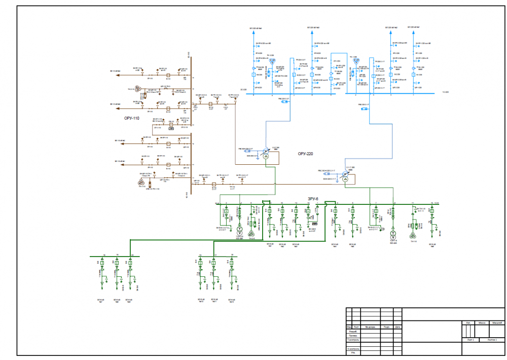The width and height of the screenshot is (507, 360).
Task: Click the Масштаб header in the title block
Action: (x=497, y=322)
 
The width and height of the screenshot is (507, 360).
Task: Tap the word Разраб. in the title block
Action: (x=353, y=331)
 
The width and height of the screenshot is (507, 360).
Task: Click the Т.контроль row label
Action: (x=353, y=340)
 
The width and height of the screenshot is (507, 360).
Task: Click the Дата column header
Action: (x=397, y=327)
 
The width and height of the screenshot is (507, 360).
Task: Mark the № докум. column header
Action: (x=370, y=327)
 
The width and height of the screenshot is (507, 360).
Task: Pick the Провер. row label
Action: (x=353, y=336)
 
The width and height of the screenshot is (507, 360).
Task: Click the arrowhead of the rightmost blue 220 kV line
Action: (x=415, y=31)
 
